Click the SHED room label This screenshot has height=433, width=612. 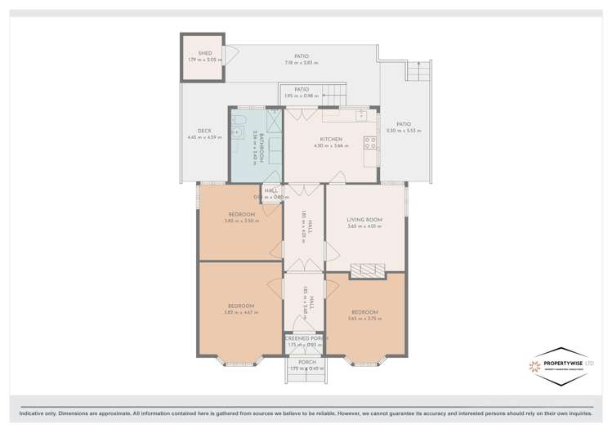[x=204, y=53]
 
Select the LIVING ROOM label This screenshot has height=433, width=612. [x=364, y=219]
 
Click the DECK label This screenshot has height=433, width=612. [x=204, y=131]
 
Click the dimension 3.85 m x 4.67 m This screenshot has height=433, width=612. [x=241, y=312]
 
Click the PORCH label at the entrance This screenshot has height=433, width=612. [x=306, y=362]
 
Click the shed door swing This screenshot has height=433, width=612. [x=230, y=56]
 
